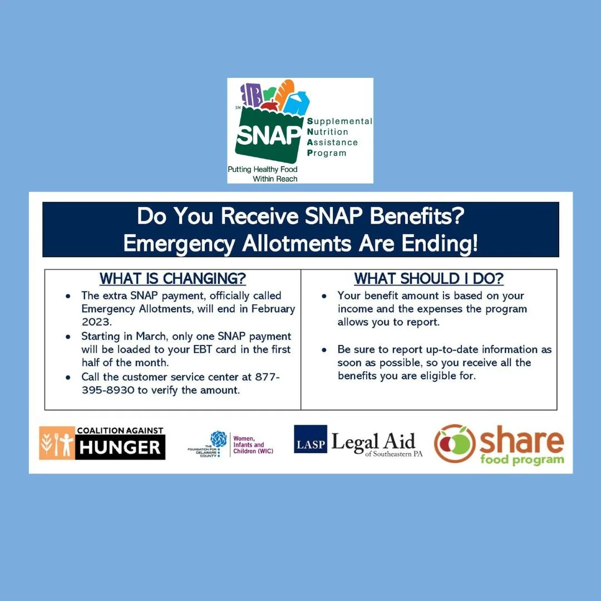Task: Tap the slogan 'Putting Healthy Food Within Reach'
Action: [263, 174]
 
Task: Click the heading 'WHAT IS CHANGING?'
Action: [173, 278]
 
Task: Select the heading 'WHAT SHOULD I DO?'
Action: [429, 278]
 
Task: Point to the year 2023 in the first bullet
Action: [95, 322]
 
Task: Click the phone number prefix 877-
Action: [267, 377]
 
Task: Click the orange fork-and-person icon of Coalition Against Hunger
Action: [57, 443]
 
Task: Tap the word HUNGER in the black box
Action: [120, 447]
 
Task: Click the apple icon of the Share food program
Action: [455, 444]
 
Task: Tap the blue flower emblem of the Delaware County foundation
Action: [219, 439]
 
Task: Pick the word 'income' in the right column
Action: [356, 309]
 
